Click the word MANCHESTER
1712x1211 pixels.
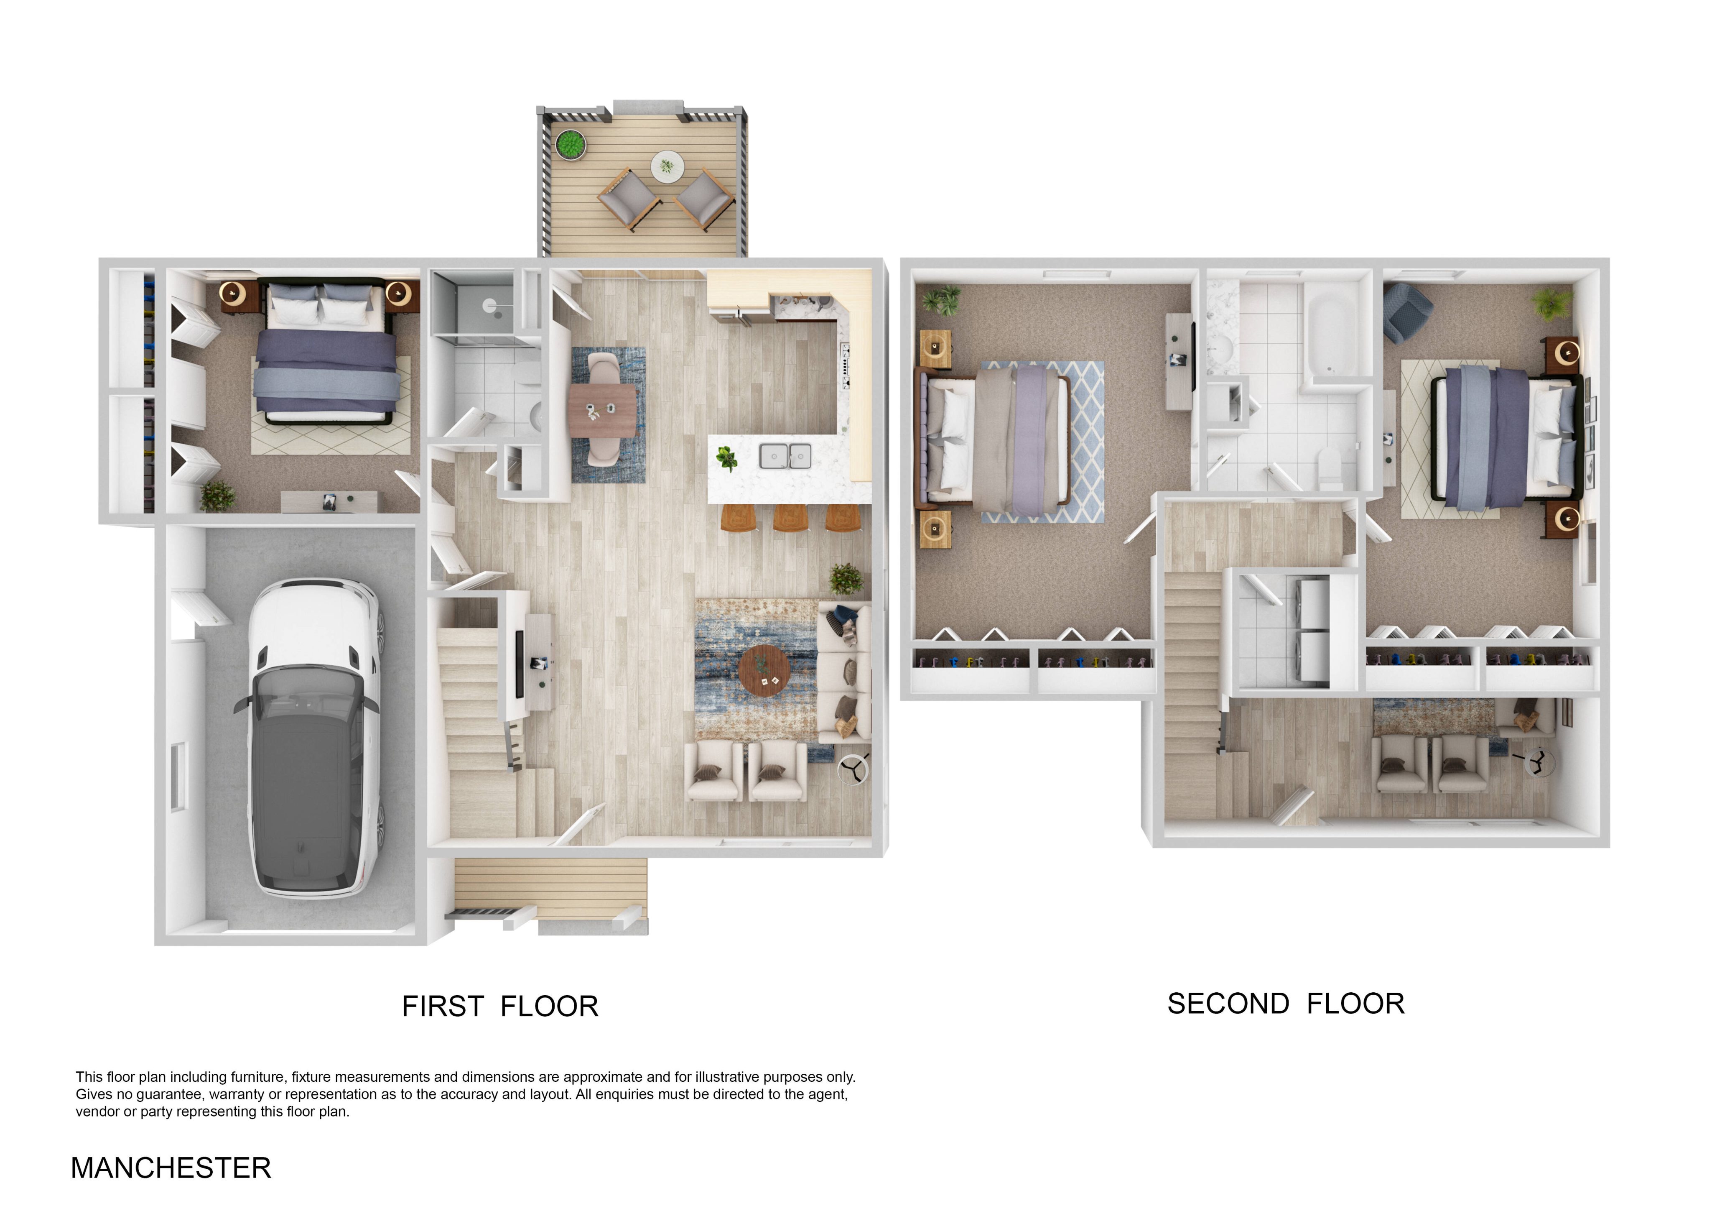(x=171, y=1168)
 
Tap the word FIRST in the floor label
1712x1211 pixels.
(x=443, y=1007)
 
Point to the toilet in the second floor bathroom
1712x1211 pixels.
(x=1330, y=468)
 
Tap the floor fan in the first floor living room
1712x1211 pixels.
(x=854, y=769)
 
